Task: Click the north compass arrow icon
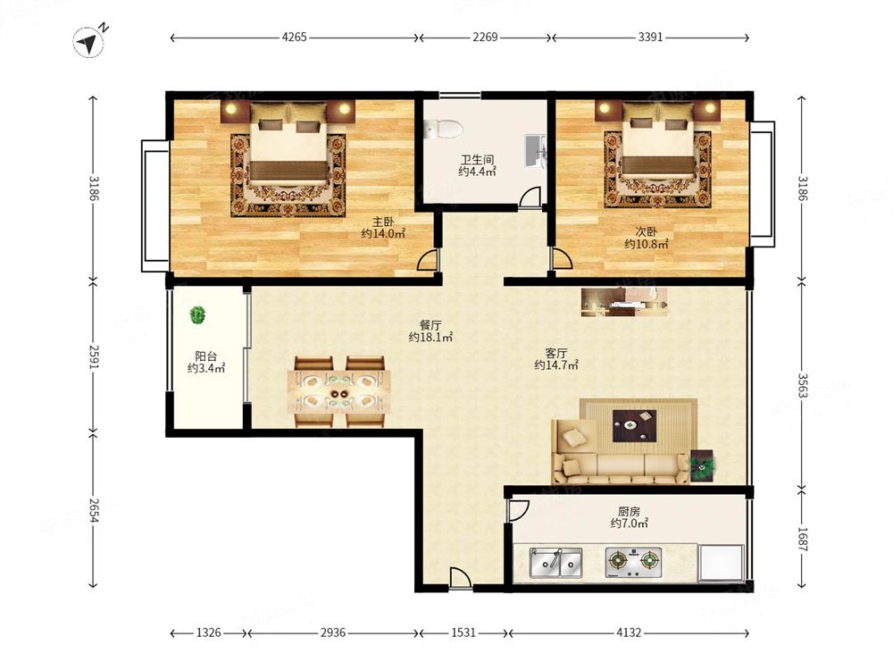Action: [x=88, y=43]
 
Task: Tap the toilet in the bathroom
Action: [x=444, y=129]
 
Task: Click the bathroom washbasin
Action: [x=535, y=152]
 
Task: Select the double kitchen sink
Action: [x=555, y=563]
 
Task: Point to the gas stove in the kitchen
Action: [x=633, y=563]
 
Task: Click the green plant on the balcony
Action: [x=197, y=314]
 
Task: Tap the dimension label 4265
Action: [x=294, y=37]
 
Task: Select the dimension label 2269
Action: [x=485, y=37]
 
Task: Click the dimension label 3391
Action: [x=650, y=37]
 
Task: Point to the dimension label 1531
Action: [x=463, y=632]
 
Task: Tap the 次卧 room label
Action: [x=647, y=232]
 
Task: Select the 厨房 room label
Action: [x=629, y=511]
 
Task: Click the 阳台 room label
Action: [x=205, y=356]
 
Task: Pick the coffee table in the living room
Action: [x=634, y=425]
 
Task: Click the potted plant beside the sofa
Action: [x=703, y=465]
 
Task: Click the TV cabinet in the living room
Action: [x=624, y=302]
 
